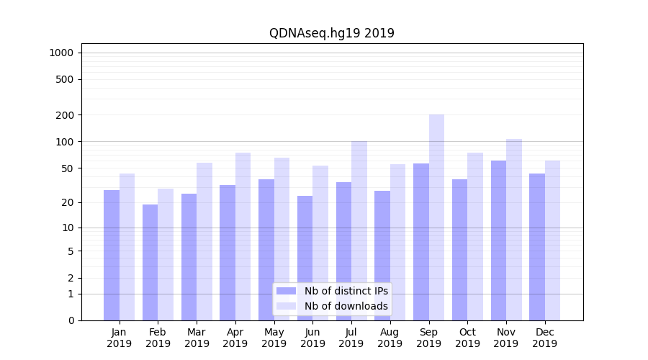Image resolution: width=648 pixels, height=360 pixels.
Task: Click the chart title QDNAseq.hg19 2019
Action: click(331, 33)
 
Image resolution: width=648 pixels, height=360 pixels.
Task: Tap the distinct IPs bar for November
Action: click(498, 240)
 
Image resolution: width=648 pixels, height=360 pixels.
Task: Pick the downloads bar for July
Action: click(359, 230)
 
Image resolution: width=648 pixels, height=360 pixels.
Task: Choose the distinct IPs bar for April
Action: click(228, 253)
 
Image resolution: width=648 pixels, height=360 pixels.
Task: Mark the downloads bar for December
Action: click(552, 240)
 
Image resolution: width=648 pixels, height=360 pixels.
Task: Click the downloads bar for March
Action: click(204, 241)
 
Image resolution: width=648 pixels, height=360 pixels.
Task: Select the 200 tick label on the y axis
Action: click(65, 115)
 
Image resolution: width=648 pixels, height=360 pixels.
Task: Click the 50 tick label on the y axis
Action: click(67, 168)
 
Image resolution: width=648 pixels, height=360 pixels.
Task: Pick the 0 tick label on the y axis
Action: click(71, 320)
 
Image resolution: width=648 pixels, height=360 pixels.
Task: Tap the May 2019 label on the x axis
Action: click(274, 338)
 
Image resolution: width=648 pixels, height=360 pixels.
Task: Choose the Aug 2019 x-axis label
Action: click(390, 338)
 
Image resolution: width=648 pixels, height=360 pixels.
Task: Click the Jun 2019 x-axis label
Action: click(312, 338)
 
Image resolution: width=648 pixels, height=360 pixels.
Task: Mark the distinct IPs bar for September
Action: click(420, 242)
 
